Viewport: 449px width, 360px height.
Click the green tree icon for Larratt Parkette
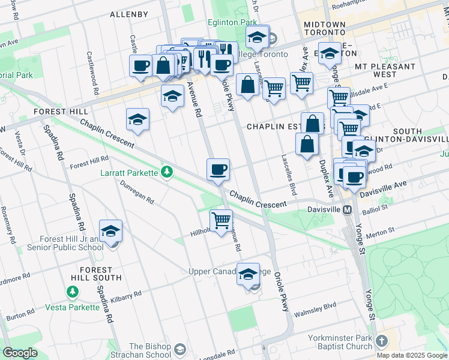[x=167, y=173]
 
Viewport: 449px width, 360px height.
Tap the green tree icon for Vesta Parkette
[x=72, y=292]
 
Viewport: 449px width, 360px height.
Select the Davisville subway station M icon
[x=347, y=209]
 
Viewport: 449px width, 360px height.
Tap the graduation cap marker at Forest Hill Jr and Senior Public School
[x=110, y=232]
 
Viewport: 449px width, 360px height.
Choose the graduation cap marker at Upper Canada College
[x=248, y=275]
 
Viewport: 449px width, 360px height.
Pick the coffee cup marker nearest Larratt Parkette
[x=218, y=170]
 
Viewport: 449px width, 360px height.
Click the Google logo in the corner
[x=20, y=353]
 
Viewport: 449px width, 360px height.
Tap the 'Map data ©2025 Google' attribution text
[x=412, y=355]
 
